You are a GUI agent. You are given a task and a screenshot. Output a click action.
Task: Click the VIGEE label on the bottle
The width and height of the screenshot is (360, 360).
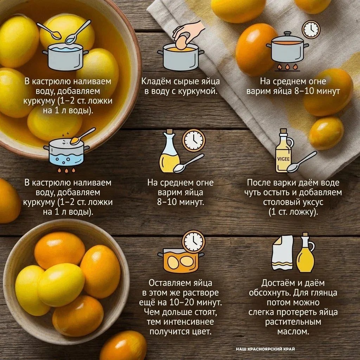283,159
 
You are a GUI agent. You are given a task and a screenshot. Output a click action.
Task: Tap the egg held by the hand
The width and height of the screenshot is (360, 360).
181,43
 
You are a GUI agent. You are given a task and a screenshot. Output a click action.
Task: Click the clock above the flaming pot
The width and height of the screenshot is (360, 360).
311,30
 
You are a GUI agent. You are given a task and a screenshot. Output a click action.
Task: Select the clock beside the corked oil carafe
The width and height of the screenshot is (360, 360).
194,140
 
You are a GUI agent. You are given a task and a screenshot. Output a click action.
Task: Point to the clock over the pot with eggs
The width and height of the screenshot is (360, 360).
193,242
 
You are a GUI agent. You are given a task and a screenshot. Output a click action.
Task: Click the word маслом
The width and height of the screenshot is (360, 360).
293,331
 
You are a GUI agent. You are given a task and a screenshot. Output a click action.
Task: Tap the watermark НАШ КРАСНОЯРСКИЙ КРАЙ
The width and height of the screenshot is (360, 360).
265,349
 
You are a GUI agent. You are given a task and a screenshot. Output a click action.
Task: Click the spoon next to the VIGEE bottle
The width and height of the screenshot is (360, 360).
301,162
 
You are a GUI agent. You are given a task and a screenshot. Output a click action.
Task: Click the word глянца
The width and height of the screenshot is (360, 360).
324,293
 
